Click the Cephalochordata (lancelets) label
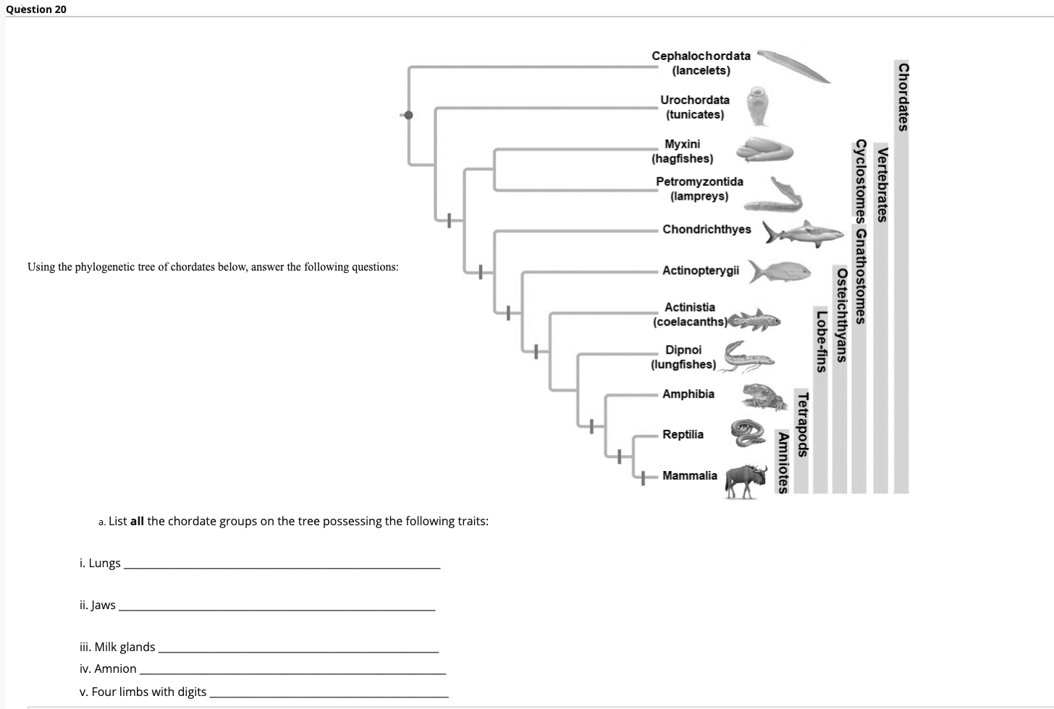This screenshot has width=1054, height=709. [701, 63]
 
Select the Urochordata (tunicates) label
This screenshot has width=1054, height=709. [694, 107]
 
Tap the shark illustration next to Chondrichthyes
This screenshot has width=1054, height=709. [804, 233]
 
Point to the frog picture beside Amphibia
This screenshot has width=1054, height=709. [763, 396]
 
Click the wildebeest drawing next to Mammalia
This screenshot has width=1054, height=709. [746, 480]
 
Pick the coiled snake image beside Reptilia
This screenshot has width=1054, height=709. [748, 432]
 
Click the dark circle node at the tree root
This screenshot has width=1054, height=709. [408, 115]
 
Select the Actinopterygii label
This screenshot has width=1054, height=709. [700, 271]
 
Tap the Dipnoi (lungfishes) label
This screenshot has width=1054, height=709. [683, 357]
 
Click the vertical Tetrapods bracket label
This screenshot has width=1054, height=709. [801, 423]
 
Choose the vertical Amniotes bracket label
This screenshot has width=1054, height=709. [782, 461]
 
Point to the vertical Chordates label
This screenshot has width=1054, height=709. [902, 97]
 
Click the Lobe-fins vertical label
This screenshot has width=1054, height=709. [820, 340]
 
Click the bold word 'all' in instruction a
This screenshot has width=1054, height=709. [137, 521]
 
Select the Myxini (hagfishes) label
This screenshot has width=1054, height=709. [682, 151]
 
